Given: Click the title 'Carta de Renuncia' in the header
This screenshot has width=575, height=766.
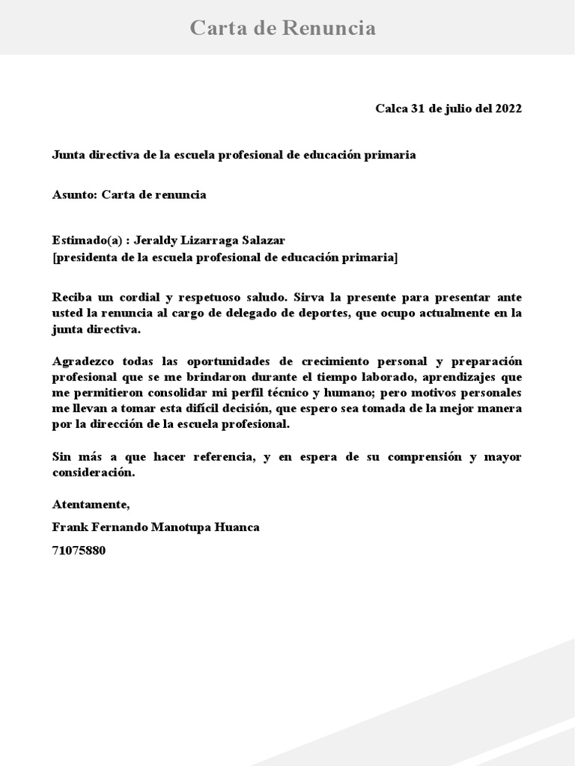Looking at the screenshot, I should (x=282, y=28).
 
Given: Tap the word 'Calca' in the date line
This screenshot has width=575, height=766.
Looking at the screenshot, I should (x=392, y=108).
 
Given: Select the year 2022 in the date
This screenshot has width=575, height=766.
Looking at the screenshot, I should (x=508, y=108).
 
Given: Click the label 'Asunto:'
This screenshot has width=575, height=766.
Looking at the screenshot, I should (x=75, y=195).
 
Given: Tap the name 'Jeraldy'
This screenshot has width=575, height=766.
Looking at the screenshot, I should (x=155, y=241).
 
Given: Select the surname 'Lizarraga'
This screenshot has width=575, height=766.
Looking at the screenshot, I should (x=207, y=241).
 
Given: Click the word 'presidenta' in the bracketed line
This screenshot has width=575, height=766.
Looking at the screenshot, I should (x=85, y=258).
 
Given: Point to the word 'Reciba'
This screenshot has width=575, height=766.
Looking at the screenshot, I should (x=71, y=297).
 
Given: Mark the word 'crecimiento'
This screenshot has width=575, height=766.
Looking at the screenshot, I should (x=325, y=361).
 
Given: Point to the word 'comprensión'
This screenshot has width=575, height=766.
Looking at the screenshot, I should (x=422, y=457).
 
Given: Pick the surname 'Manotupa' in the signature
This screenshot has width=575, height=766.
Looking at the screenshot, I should (x=184, y=527).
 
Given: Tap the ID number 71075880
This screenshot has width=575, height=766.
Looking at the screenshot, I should (x=79, y=551).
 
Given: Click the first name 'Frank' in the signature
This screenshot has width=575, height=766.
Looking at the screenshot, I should (x=68, y=527).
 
